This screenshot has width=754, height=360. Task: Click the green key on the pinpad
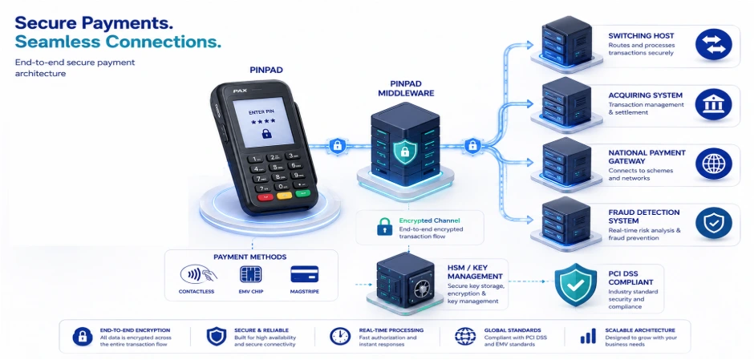click(x=302, y=193)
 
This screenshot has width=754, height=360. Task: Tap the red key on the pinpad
click(x=265, y=197)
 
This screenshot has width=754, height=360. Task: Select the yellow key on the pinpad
click(x=284, y=196)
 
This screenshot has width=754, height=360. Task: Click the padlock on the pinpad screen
click(x=266, y=134)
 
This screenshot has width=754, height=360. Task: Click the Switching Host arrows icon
click(x=714, y=44)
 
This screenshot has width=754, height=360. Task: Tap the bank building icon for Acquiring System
click(x=714, y=104)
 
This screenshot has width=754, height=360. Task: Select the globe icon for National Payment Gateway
click(x=714, y=164)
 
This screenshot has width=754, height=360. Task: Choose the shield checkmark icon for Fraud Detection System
click(x=714, y=223)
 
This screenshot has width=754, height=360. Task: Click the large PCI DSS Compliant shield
click(x=575, y=285)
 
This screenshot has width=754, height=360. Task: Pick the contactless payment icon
click(x=198, y=274)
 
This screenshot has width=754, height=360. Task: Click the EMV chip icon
click(x=250, y=274)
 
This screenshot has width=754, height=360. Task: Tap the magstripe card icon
click(x=304, y=274)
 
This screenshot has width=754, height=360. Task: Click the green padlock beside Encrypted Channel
click(x=384, y=226)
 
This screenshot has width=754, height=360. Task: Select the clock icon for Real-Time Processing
click(x=340, y=336)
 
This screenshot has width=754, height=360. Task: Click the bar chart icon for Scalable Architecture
click(x=588, y=336)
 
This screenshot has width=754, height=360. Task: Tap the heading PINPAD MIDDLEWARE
click(x=406, y=88)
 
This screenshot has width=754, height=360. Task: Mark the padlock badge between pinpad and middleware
click(x=337, y=145)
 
